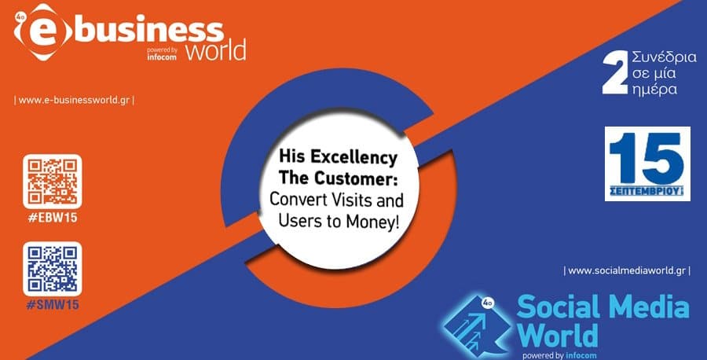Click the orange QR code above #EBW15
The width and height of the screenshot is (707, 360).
[x=53, y=182]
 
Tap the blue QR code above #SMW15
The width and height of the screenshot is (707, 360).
[x=53, y=269]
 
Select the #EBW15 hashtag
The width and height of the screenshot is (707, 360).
[x=53, y=218]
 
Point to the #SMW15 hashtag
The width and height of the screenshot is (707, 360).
[x=53, y=305]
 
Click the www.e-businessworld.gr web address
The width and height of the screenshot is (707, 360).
[x=74, y=100]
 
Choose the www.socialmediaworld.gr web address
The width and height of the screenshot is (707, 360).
[x=627, y=270]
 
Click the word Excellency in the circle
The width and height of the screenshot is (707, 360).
[x=353, y=158]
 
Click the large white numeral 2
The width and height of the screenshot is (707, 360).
[x=615, y=72]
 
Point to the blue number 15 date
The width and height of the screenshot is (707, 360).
[x=647, y=158]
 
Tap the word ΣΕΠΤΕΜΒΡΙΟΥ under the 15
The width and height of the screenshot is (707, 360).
[x=647, y=191]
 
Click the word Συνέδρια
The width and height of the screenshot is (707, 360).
[x=664, y=57]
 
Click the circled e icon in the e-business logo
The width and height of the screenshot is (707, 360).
[x=43, y=31]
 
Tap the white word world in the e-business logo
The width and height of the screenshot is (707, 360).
[x=216, y=50]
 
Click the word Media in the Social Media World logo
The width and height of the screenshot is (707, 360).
[x=648, y=307]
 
